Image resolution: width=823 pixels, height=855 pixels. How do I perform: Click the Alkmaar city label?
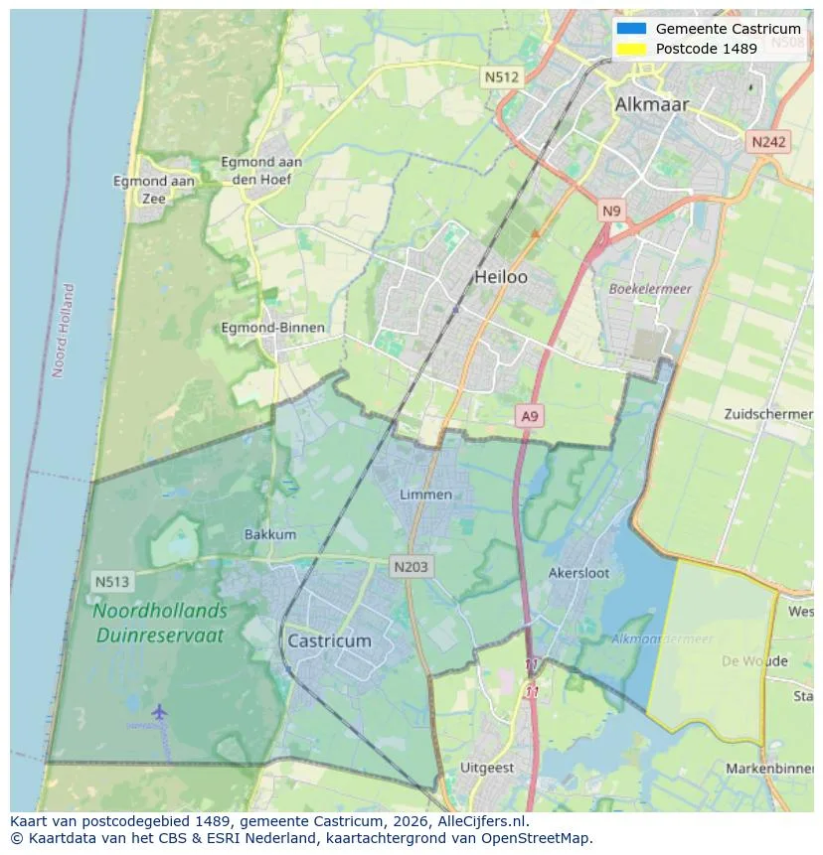click(x=651, y=104)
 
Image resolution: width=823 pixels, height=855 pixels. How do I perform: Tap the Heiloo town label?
click(x=501, y=277)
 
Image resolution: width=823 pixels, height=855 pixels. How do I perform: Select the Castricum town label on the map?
click(x=329, y=641)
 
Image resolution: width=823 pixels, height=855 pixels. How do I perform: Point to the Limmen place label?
click(x=425, y=495)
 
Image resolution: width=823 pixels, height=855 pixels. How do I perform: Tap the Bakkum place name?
click(x=270, y=534)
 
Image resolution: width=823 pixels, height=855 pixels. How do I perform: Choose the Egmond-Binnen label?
click(x=272, y=328)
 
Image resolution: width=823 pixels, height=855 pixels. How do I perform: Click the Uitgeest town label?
click(x=487, y=768)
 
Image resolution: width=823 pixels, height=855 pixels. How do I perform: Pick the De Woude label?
click(x=754, y=661)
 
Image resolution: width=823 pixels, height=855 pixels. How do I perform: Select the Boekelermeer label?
click(x=650, y=289)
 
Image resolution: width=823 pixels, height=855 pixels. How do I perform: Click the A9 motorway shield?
click(x=530, y=417)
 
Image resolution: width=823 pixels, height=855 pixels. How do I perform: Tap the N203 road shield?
click(x=411, y=567)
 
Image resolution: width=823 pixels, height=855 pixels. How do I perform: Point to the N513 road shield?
click(x=112, y=581)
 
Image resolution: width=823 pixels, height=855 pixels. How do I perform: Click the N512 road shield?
click(x=502, y=76)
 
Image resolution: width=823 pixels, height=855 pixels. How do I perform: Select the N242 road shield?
click(x=768, y=142)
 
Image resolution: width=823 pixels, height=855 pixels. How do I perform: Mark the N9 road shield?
click(x=611, y=211)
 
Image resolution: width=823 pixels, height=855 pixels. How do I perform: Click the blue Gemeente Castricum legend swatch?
click(x=630, y=29)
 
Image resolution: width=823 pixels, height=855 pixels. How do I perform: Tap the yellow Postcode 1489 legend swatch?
click(x=630, y=49)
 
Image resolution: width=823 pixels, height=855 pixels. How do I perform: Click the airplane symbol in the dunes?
click(x=159, y=711)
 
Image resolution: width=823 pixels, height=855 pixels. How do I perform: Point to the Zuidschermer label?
click(x=769, y=413)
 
